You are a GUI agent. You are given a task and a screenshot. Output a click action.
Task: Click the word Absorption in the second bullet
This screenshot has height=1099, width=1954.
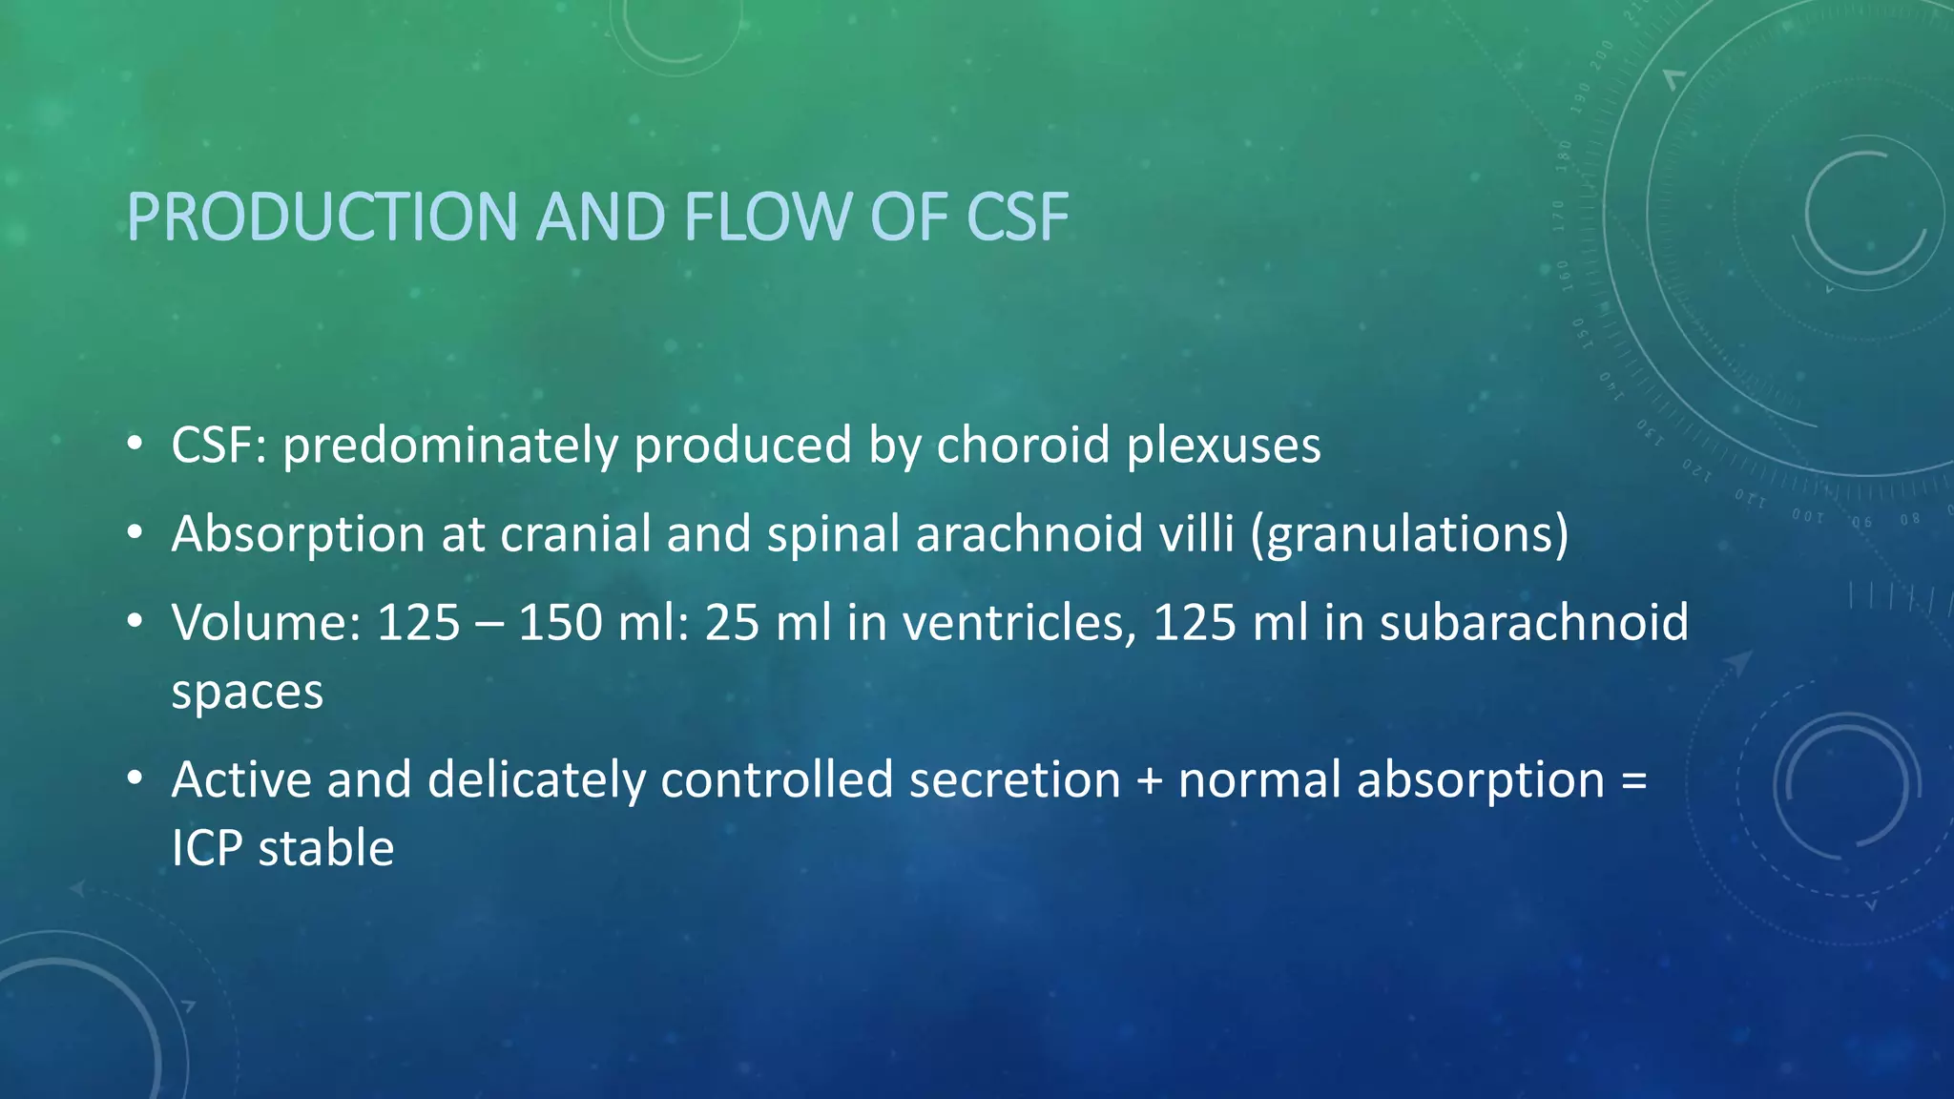pyautogui.click(x=298, y=534)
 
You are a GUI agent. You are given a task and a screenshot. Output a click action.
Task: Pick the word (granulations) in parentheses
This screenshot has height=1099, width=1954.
pyautogui.click(x=1409, y=534)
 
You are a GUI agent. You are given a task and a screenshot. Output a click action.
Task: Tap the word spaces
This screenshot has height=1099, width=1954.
pyautogui.click(x=247, y=693)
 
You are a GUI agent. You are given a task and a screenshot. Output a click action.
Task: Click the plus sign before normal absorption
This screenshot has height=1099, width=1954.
pyautogui.click(x=1150, y=780)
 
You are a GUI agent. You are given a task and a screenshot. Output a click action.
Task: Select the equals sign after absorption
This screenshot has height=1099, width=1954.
pyautogui.click(x=1633, y=780)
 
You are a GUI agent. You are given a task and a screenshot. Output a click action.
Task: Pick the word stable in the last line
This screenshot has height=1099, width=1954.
pyautogui.click(x=325, y=848)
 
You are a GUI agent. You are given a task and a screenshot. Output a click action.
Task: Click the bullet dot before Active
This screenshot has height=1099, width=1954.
pyautogui.click(x=135, y=778)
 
